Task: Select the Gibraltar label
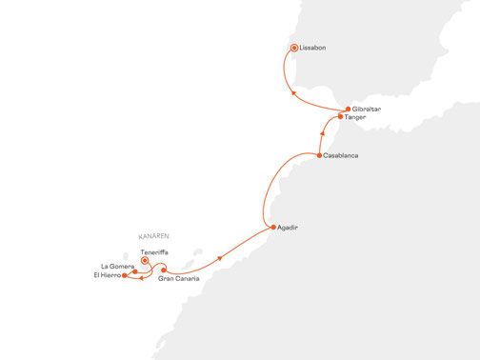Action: (x=367, y=110)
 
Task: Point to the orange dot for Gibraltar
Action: (x=347, y=110)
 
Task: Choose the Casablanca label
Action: (x=341, y=154)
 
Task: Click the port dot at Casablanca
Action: (x=318, y=154)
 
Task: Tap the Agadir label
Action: (x=289, y=228)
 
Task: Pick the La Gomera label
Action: (x=116, y=266)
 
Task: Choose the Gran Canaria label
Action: (x=179, y=278)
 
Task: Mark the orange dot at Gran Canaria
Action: (x=164, y=270)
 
